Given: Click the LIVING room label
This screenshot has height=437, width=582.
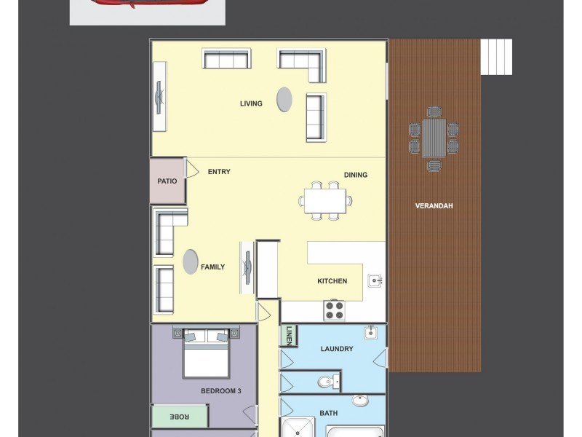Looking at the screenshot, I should tap(251, 104).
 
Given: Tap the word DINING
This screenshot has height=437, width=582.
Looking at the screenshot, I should tap(356, 175).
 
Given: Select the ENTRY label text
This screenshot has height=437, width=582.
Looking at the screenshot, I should tap(219, 172).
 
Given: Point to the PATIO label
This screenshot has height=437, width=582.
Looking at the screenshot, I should tap(167, 181).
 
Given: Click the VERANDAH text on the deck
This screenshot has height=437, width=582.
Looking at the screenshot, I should tap(434, 206).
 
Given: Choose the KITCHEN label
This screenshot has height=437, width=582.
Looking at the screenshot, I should tap(332, 281).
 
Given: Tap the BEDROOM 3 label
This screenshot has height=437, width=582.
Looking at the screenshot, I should tap(220, 391).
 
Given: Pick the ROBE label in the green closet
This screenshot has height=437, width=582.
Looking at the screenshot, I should tap(179, 416).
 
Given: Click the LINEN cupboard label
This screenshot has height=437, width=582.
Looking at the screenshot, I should tap(288, 335).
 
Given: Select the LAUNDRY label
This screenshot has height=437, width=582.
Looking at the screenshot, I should tap(337, 349).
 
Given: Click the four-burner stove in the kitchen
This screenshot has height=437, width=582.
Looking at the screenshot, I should tap(334, 310).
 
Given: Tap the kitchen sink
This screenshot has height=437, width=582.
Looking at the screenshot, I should tap(375, 280).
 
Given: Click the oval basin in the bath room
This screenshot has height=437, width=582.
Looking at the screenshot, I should tap(360, 401).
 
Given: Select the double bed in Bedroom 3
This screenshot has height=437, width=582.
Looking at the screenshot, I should tap(206, 353).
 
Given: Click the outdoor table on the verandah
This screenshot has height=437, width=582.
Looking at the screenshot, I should tap(434, 138).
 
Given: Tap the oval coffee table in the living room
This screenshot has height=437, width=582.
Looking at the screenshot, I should tap(284, 99).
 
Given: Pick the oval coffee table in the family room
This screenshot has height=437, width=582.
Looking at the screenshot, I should tap(191, 261).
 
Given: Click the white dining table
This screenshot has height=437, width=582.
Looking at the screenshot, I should tap(325, 200).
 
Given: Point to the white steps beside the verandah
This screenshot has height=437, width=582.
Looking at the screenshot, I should tap(497, 57).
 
